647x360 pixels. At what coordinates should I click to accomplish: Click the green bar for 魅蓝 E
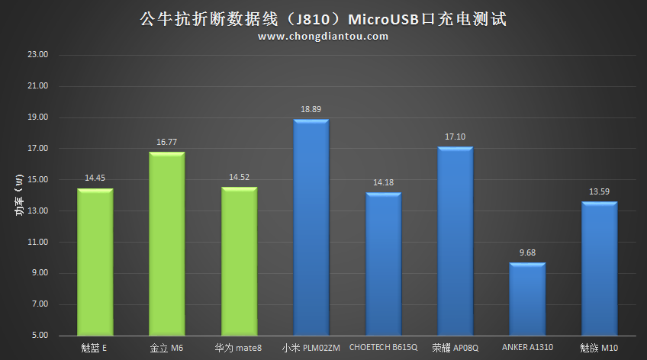[x=95, y=262]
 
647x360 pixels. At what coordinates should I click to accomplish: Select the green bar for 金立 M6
[x=166, y=244]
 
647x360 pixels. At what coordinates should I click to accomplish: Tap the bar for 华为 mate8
[x=239, y=262]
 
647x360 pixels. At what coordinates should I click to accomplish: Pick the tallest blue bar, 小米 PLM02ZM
[x=311, y=227]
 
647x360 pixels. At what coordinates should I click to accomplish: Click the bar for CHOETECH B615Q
[x=383, y=264]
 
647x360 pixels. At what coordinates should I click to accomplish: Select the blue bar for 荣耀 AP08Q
[x=455, y=241]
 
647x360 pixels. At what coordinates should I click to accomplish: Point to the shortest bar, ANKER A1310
[x=527, y=299]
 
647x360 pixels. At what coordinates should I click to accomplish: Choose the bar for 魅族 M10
[x=599, y=268]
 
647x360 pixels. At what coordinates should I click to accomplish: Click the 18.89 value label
[x=311, y=110]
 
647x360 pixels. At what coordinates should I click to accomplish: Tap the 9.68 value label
[x=527, y=253]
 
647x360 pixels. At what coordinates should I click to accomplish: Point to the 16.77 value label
[x=166, y=143]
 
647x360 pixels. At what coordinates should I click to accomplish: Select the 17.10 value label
[x=455, y=137]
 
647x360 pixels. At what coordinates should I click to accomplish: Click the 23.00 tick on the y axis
[x=37, y=55]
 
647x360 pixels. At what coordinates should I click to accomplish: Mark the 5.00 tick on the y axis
[x=40, y=336]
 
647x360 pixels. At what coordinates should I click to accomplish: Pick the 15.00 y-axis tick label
[x=37, y=180]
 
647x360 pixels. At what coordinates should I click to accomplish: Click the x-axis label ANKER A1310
[x=527, y=348]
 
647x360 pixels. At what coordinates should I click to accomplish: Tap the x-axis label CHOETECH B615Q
[x=383, y=348]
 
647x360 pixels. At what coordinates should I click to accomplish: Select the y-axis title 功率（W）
[x=18, y=195]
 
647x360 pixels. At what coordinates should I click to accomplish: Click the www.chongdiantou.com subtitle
[x=323, y=36]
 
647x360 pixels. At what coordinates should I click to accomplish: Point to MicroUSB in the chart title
[x=379, y=18]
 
